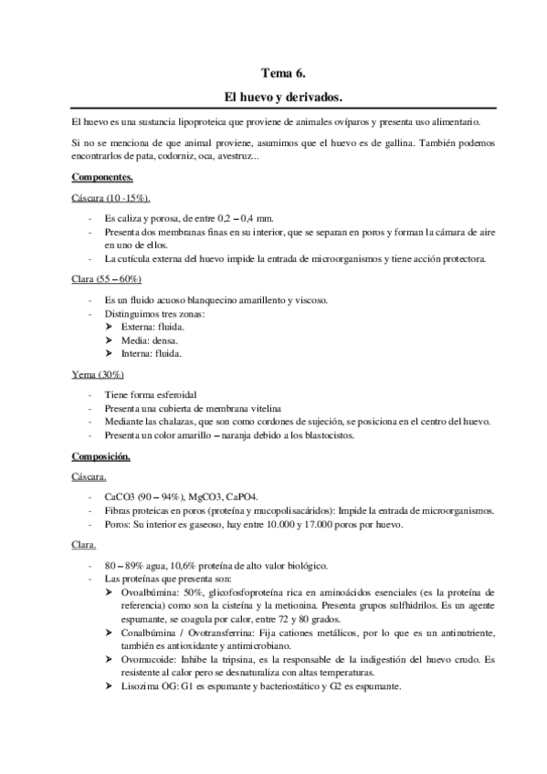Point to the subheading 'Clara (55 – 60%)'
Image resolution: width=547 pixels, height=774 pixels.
coord(106,279)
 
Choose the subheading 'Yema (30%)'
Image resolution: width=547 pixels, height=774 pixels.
coord(98,374)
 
